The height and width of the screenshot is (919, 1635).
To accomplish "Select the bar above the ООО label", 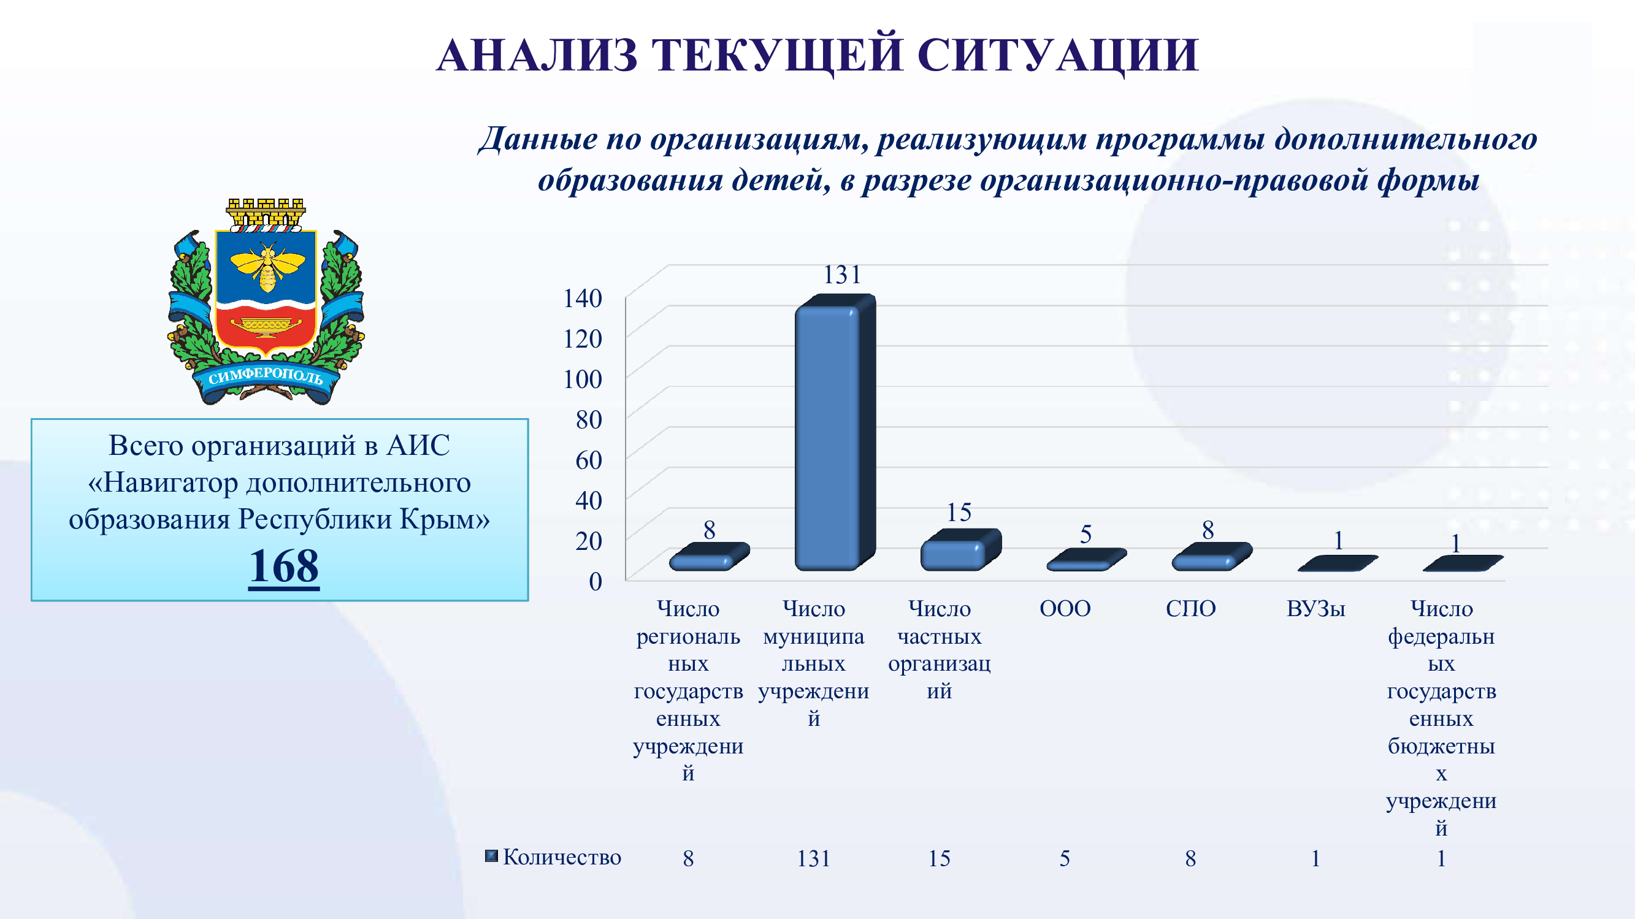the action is click(x=1086, y=560).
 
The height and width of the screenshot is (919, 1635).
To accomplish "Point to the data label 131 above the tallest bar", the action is click(x=841, y=275).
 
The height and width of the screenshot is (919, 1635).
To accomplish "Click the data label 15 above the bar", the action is click(x=959, y=512).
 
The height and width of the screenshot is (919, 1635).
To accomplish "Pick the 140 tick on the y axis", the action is click(x=583, y=298).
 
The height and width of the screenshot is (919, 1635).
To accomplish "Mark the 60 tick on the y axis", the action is click(x=588, y=460).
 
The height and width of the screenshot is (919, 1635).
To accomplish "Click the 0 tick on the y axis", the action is click(x=595, y=581).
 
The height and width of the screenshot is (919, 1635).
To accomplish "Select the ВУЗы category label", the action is click(x=1315, y=609).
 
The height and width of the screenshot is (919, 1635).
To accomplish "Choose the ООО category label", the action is click(x=1065, y=609).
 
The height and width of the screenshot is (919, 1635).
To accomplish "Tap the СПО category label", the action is click(x=1191, y=609).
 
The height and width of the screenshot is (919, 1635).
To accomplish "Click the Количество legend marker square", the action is click(x=491, y=856).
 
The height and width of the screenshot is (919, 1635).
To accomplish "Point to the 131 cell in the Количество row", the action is click(x=814, y=859).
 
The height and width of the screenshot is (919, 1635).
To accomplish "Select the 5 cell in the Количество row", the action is click(x=1065, y=859).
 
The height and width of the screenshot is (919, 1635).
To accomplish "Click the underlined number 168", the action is click(x=284, y=566).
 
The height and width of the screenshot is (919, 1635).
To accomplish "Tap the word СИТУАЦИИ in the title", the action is click(x=1058, y=55).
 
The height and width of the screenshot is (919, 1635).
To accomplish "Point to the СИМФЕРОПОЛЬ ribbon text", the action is click(x=266, y=376).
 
